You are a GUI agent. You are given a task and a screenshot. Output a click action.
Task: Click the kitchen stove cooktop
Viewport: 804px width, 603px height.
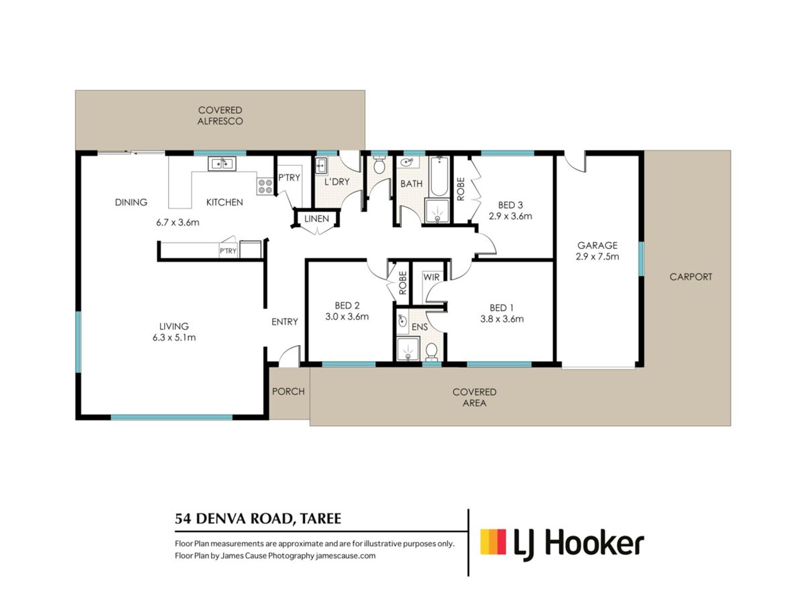(x=265, y=186)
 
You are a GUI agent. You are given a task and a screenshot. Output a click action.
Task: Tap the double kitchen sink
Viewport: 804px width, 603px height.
(x=222, y=164)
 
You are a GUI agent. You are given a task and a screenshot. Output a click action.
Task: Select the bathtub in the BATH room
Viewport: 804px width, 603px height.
(x=439, y=176)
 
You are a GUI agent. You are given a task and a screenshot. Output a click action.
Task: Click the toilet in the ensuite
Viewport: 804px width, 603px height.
(x=431, y=352)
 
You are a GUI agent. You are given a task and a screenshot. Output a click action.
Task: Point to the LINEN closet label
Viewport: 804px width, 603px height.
(x=317, y=219)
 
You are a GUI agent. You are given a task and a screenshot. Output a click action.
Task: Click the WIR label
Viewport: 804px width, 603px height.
(x=431, y=277)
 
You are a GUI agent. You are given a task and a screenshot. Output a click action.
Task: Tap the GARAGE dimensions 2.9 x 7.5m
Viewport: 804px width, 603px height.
(x=597, y=257)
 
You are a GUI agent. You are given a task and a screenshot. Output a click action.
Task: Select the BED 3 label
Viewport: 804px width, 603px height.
(x=510, y=205)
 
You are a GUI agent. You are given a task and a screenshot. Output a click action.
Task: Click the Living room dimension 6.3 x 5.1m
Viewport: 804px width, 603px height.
(x=174, y=338)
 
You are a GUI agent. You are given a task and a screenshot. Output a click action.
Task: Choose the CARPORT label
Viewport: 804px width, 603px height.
(x=691, y=277)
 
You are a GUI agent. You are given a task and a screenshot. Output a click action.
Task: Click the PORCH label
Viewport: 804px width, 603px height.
(x=288, y=392)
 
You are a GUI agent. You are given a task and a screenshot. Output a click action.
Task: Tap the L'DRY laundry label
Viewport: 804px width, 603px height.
(x=337, y=182)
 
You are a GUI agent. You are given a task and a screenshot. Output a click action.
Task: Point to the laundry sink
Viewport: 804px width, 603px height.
(x=321, y=166)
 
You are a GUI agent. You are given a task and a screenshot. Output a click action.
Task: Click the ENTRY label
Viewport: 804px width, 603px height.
(x=285, y=322)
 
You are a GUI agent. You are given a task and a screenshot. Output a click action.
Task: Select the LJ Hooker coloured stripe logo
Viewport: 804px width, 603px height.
(x=493, y=542)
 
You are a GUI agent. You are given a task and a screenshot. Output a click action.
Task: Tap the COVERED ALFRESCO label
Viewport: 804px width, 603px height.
(x=220, y=116)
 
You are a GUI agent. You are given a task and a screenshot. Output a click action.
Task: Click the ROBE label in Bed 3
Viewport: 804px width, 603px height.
(x=461, y=189)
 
